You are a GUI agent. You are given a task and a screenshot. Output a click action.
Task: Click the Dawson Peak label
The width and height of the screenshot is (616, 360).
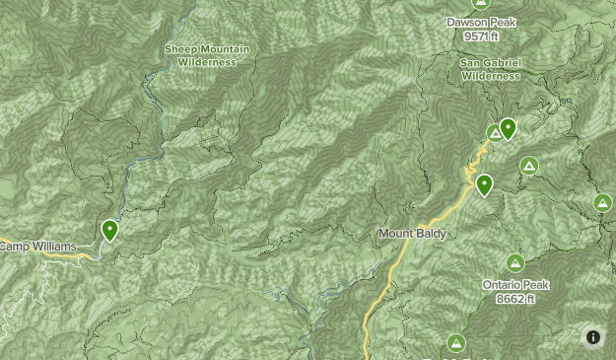[x=481, y=22]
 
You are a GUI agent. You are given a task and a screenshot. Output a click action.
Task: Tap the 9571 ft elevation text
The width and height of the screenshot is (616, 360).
[x=482, y=36]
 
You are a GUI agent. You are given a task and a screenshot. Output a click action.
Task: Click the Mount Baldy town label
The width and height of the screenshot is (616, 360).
[x=412, y=234]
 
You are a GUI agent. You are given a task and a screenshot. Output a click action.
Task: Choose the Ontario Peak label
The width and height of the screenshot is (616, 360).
[x=515, y=285]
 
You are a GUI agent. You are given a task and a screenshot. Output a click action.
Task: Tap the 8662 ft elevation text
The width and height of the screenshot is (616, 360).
[x=515, y=298]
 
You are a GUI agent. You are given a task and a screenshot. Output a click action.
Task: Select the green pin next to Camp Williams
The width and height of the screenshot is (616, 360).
[x=109, y=231]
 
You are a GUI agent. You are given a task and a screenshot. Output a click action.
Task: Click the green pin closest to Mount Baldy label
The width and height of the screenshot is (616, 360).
[x=484, y=184]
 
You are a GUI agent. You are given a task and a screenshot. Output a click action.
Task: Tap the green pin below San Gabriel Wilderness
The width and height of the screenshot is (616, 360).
[x=508, y=128]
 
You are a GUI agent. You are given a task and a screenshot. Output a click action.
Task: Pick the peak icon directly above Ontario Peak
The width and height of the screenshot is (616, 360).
[x=514, y=262]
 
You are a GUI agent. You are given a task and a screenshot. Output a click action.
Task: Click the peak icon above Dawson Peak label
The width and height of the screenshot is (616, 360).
[x=481, y=3]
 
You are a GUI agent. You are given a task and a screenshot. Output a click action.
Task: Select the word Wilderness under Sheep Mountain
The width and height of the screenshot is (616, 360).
[x=207, y=62]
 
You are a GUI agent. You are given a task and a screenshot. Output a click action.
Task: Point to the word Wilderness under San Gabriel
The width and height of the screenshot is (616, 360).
[x=490, y=75]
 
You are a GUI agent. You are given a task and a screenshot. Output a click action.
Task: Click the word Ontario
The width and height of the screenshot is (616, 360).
[x=502, y=285]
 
